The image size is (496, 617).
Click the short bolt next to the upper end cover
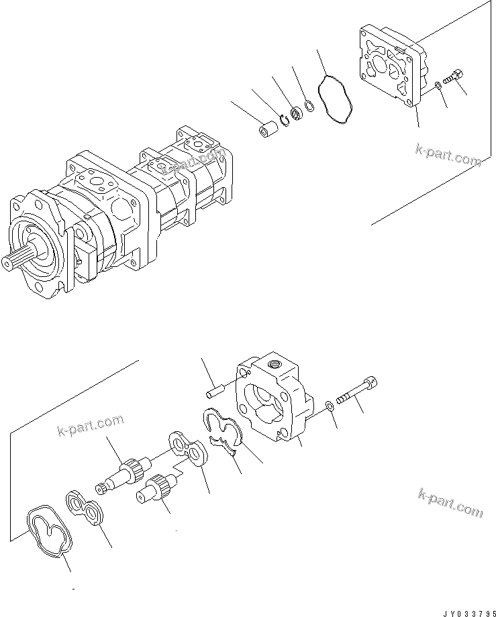(454, 76)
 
